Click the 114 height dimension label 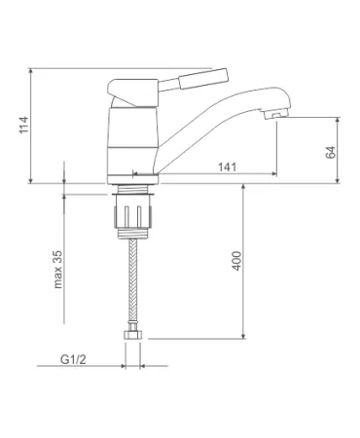point(23,125)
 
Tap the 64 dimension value point(330,152)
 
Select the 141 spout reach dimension point(227,167)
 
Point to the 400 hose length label point(236,261)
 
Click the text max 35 point(57,270)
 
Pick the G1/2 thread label point(73,359)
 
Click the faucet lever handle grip point(203,78)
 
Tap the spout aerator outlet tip point(276,115)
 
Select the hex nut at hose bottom point(132,335)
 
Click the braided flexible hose point(133,280)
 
